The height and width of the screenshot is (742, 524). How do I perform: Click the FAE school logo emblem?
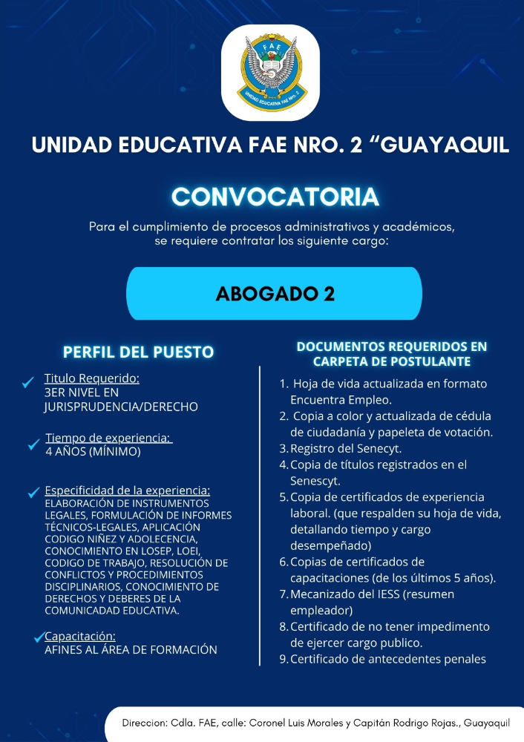(270, 72)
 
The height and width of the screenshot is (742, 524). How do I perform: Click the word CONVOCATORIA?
(275, 197)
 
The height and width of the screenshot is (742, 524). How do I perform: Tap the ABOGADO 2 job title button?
(275, 294)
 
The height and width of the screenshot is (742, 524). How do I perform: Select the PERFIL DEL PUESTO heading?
(138, 352)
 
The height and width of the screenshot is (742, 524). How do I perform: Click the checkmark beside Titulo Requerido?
(28, 382)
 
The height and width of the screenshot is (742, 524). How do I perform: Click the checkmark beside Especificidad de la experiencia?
(33, 492)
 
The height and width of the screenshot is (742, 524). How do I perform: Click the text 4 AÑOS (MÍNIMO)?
(93, 451)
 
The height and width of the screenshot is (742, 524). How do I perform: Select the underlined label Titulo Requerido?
(91, 379)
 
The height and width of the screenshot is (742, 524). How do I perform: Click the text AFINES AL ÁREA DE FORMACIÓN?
(131, 650)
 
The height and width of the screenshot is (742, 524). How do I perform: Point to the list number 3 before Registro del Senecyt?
(283, 448)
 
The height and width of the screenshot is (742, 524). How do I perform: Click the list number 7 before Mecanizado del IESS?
(283, 594)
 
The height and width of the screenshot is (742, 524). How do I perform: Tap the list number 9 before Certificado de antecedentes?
(283, 659)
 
